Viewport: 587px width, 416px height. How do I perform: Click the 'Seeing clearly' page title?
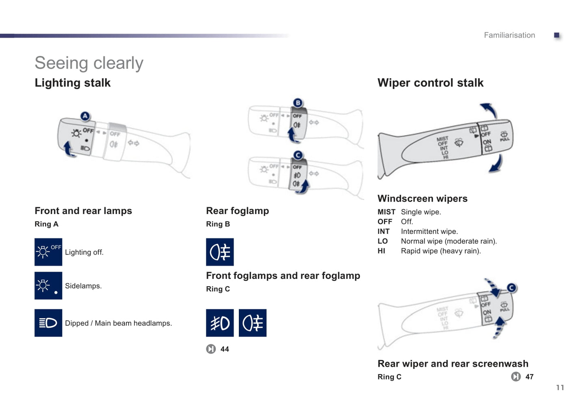tap(89, 63)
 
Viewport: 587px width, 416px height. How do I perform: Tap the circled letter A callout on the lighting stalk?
tap(85, 116)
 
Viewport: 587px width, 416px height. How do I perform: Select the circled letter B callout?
tap(298, 103)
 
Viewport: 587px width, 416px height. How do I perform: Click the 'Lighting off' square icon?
tap(48, 252)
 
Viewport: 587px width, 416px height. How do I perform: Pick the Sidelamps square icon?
tap(48, 285)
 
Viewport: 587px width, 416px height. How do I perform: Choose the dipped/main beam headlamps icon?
tap(48, 323)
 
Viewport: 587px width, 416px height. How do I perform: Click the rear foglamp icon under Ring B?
tap(220, 252)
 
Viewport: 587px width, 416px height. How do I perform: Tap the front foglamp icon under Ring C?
tap(220, 323)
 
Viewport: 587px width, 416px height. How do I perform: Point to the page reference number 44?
tap(225, 349)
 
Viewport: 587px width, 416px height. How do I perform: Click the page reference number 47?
tap(529, 377)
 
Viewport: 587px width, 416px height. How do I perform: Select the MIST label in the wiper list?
tap(386, 212)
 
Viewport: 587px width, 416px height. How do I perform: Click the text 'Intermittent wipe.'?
tap(429, 232)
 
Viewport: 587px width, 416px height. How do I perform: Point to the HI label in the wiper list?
tap(381, 251)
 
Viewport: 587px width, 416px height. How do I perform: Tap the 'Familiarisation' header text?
tap(509, 35)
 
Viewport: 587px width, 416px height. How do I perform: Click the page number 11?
tap(560, 388)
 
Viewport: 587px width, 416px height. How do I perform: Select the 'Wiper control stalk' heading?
tap(430, 83)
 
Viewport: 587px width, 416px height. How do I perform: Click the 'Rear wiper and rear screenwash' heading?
tap(453, 363)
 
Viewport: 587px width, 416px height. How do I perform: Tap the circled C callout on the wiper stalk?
tap(511, 288)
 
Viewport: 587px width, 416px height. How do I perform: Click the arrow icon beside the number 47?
tap(516, 377)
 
